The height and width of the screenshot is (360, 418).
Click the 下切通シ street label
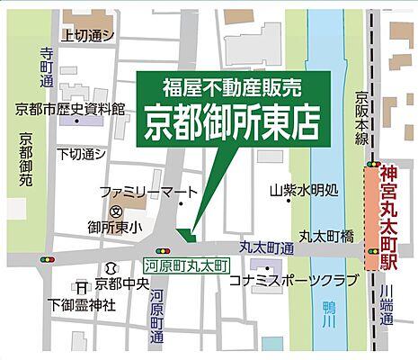[83, 155]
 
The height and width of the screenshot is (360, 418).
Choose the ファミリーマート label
[135, 192]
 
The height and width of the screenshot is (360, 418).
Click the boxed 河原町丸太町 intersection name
[188, 266]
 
